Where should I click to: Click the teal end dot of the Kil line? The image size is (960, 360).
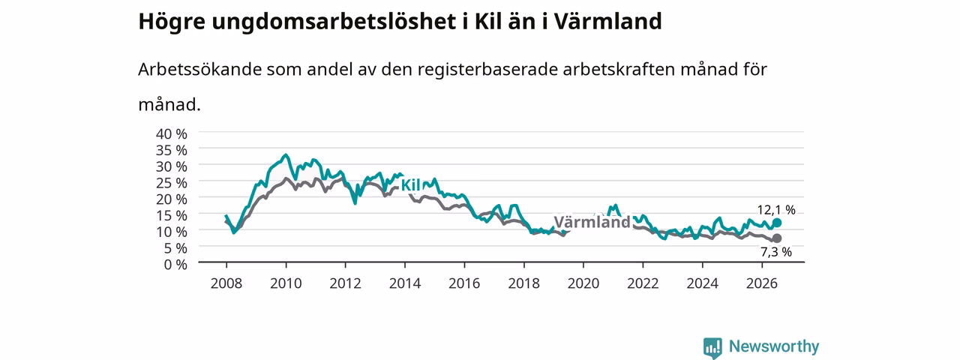coord(776,223)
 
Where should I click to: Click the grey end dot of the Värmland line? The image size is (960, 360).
coord(776,238)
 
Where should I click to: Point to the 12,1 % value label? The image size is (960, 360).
coord(776,209)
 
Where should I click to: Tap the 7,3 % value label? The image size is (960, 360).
coord(776,252)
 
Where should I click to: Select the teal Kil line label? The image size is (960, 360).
coord(410,185)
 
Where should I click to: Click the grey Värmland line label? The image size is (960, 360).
coord(592,222)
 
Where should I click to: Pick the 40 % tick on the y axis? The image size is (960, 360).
coord(172,133)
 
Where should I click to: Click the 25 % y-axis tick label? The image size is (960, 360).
coord(172,182)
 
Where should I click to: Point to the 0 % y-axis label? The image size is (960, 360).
coord(175,265)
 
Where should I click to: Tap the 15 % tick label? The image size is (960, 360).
coord(172,215)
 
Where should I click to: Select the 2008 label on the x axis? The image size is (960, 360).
coord(226,283)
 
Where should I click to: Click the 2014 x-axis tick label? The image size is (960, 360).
coord(405,283)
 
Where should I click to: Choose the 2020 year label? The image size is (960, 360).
coord(583,283)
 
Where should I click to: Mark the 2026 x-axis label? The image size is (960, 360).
coord(762,283)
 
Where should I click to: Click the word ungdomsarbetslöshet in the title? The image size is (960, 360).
coord(334,22)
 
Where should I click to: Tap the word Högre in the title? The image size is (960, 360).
coord(172,22)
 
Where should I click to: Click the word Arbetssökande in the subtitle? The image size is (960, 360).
coord(199,69)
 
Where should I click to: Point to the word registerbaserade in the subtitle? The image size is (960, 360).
coord(487,70)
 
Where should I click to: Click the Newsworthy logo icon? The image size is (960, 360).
coord(712,348)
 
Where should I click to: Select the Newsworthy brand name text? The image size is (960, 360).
coord(774,346)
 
